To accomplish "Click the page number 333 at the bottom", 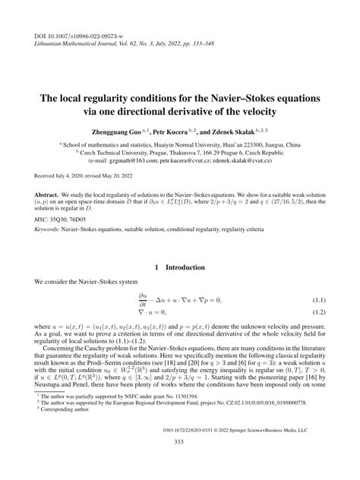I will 180,463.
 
